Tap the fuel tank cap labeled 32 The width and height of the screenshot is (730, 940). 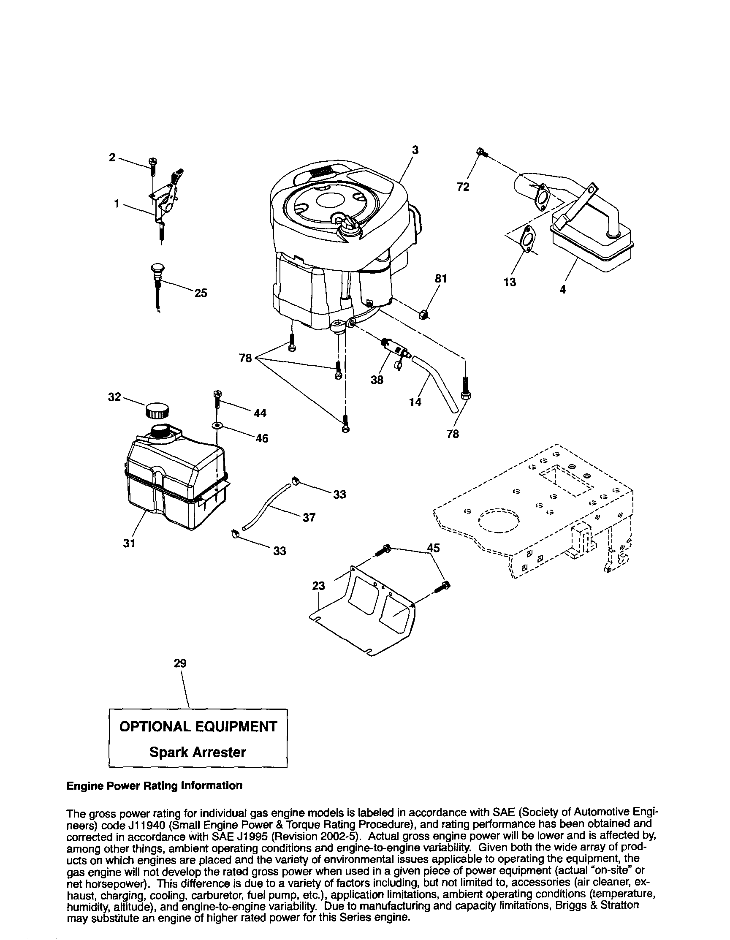(x=156, y=410)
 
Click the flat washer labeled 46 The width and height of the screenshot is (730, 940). (x=217, y=426)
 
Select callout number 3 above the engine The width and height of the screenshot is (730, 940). (x=415, y=150)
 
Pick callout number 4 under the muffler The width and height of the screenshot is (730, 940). (x=562, y=289)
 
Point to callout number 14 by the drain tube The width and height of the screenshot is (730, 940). (x=415, y=402)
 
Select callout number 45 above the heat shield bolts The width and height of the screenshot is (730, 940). (x=434, y=547)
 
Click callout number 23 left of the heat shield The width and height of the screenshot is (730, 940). (x=319, y=586)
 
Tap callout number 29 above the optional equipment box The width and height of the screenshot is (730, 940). (x=180, y=663)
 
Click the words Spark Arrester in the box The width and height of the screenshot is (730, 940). (x=198, y=752)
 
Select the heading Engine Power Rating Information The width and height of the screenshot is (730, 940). (x=155, y=785)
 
